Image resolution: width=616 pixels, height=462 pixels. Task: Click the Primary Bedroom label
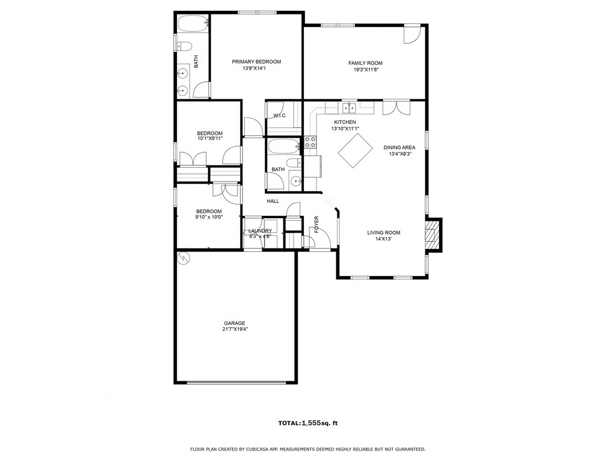pyautogui.click(x=256, y=61)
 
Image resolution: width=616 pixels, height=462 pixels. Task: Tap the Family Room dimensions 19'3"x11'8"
pyautogui.click(x=365, y=70)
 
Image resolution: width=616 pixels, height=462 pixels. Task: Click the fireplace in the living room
pyautogui.click(x=431, y=233)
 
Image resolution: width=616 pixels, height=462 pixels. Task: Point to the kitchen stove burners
pyautogui.click(x=310, y=142)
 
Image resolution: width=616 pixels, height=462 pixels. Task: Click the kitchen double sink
pyautogui.click(x=349, y=108)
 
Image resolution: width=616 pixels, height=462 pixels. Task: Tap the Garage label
pyautogui.click(x=235, y=323)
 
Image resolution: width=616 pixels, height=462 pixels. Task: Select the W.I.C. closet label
pyautogui.click(x=280, y=115)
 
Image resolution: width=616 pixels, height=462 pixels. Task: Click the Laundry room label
pyautogui.click(x=260, y=231)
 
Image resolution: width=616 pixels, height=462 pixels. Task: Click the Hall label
pyautogui.click(x=273, y=201)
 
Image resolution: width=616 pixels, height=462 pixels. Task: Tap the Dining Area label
pyautogui.click(x=399, y=147)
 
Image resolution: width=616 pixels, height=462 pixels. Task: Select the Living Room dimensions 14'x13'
pyautogui.click(x=384, y=239)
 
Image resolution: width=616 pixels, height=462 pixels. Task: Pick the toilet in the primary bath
pyautogui.click(x=185, y=46)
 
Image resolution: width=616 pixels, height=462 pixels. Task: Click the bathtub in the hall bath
pyautogui.click(x=283, y=146)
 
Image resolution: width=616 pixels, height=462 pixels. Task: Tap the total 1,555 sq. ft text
pyautogui.click(x=308, y=423)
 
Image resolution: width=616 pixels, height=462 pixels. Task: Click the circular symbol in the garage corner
pyautogui.click(x=183, y=257)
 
